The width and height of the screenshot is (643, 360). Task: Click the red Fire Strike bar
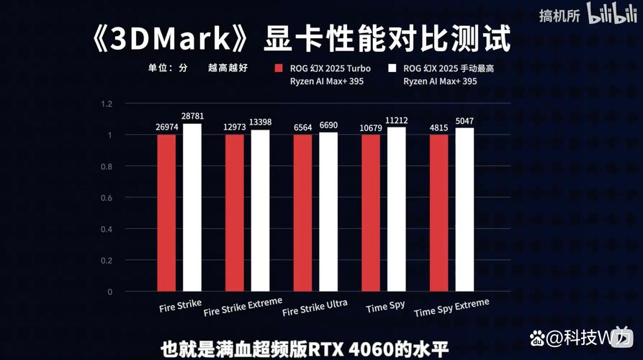tap(166, 212)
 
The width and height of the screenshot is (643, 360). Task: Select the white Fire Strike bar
tap(192, 207)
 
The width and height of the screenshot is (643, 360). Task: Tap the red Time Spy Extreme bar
tap(439, 212)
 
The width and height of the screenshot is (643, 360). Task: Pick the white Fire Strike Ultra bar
tap(328, 212)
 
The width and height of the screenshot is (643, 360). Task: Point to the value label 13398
tap(260, 122)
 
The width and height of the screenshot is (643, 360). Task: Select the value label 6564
tap(302, 127)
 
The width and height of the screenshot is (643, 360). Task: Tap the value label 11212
tap(397, 120)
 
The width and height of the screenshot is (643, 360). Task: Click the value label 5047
tap(464, 120)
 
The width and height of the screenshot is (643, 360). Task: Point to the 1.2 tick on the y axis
tap(107, 104)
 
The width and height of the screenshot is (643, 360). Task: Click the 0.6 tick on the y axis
tap(107, 198)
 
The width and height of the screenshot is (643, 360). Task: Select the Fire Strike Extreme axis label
tap(243, 307)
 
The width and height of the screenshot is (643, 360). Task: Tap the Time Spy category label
tap(385, 306)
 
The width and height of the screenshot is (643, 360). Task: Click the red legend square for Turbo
tap(278, 69)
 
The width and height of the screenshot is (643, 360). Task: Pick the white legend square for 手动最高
tap(392, 69)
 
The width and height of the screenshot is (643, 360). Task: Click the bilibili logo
tap(609, 14)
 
